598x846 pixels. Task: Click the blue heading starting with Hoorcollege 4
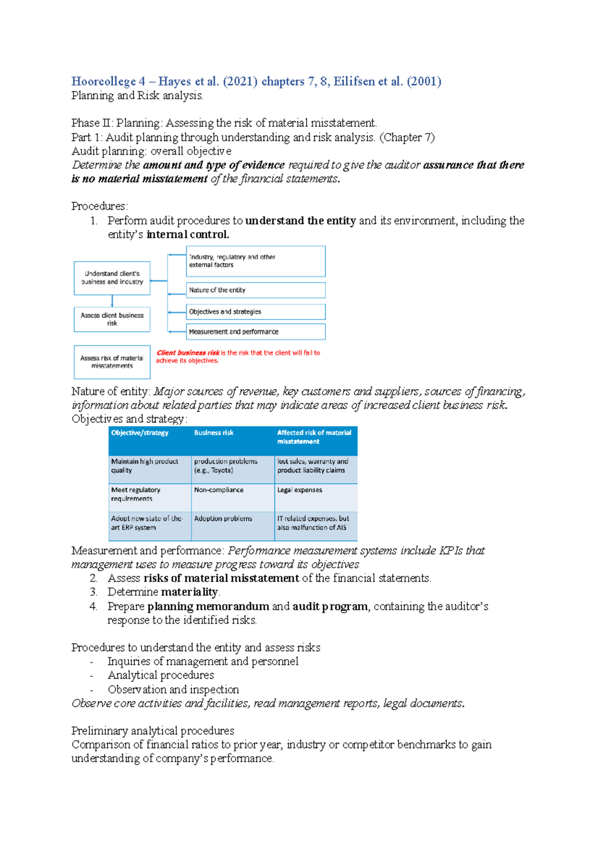click(256, 81)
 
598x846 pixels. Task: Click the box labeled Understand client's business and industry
click(112, 278)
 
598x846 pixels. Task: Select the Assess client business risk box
click(112, 319)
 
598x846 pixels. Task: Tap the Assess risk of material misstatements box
click(112, 362)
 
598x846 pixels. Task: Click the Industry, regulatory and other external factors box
click(256, 261)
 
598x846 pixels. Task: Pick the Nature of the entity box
click(256, 290)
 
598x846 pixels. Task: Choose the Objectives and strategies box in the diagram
click(256, 312)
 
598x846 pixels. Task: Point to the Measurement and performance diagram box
click(256, 332)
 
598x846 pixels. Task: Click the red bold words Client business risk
click(188, 353)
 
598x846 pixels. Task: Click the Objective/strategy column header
click(140, 433)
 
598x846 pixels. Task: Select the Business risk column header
click(214, 433)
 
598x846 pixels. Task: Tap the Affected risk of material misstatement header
click(314, 437)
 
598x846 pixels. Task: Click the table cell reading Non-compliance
click(219, 490)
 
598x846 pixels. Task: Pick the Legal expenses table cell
click(299, 490)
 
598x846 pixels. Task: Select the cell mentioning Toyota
click(225, 466)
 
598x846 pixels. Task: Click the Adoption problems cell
click(223, 519)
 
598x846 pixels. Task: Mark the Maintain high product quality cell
click(145, 466)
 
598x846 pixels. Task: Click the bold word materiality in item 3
click(189, 592)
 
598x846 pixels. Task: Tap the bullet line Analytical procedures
click(160, 675)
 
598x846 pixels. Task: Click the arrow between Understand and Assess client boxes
click(112, 301)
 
